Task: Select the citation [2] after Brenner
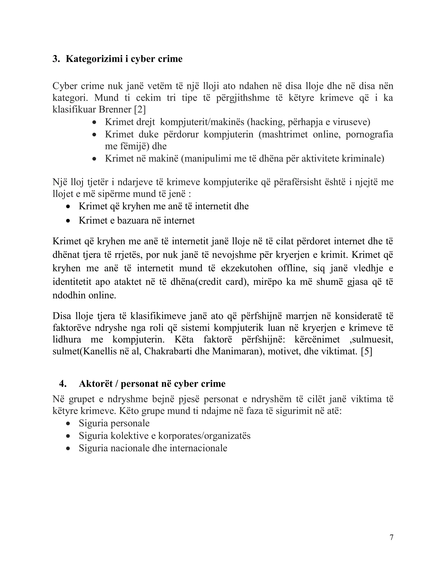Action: pyautogui.click(x=140, y=109)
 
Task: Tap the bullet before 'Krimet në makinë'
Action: pyautogui.click(x=94, y=159)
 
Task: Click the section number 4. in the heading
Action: pyautogui.click(x=63, y=384)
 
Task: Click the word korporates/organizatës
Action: pyautogui.click(x=204, y=436)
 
